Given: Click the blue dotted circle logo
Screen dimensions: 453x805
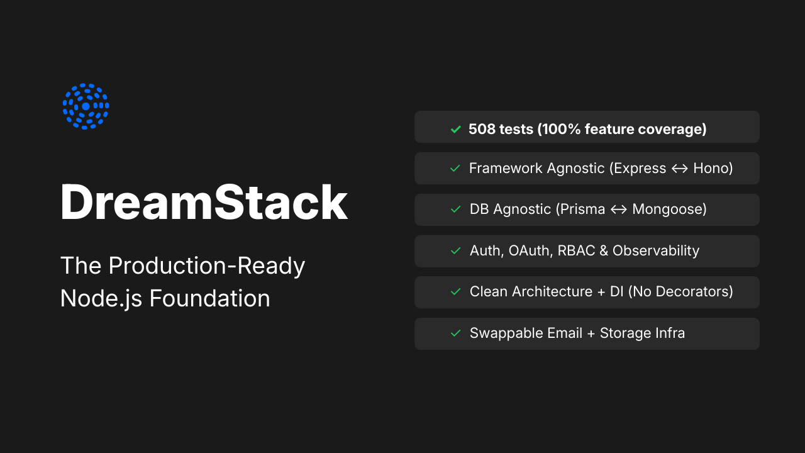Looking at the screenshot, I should point(86,106).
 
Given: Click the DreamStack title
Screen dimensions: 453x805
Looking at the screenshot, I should point(204,202).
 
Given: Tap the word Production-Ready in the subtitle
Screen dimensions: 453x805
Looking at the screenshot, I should point(207,266).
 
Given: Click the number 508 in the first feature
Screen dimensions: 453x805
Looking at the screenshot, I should point(482,129).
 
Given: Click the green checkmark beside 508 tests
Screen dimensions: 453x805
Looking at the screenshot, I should point(456,129).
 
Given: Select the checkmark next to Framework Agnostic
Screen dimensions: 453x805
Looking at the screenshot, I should point(456,169).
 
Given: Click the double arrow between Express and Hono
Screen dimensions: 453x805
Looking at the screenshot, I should point(680,169).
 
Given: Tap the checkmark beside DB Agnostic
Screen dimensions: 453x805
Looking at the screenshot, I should point(456,210).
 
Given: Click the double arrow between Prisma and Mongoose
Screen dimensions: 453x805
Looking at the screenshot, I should point(619,210).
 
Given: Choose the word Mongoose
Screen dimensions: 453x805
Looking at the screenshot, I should point(666,210).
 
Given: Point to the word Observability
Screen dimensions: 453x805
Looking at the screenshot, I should point(656,250).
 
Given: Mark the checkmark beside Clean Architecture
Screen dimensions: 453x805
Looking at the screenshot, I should point(456,292).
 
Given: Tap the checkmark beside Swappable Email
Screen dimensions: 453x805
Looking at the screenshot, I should point(456,333).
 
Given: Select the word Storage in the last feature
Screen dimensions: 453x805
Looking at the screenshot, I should point(623,333).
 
